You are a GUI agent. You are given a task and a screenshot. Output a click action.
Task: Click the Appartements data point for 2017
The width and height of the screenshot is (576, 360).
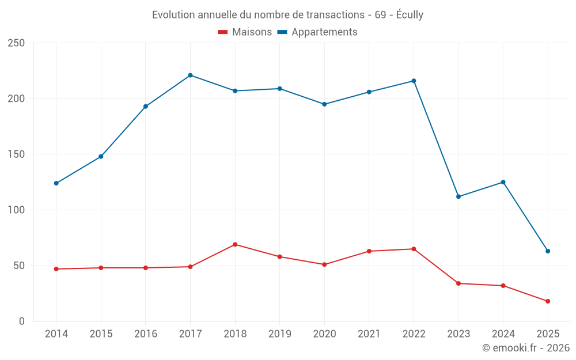click(190, 75)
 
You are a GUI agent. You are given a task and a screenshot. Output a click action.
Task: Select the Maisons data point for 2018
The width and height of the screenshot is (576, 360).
click(235, 244)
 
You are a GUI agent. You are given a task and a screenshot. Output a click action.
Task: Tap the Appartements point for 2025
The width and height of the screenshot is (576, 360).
click(548, 251)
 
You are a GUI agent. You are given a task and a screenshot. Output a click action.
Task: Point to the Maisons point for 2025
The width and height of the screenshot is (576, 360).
click(548, 301)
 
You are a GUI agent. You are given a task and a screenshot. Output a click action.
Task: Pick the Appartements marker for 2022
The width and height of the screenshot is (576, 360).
click(414, 81)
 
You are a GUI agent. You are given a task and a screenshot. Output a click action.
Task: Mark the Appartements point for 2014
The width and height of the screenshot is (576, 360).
click(56, 183)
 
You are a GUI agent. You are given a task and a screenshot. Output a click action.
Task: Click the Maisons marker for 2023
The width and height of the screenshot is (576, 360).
click(458, 283)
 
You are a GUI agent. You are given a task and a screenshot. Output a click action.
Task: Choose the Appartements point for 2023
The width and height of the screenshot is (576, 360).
click(458, 196)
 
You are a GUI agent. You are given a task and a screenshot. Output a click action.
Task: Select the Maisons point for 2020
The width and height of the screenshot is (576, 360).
click(324, 264)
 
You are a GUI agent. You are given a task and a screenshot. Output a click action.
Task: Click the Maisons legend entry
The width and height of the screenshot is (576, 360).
click(245, 32)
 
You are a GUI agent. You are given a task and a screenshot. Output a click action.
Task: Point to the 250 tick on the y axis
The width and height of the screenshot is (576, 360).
click(16, 43)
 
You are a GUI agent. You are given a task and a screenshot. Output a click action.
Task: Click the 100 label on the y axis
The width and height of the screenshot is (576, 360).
click(16, 210)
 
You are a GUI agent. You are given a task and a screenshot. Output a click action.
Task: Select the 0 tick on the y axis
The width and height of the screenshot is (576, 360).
click(21, 321)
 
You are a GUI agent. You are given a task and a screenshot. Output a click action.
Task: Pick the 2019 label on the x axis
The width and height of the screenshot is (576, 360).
click(279, 334)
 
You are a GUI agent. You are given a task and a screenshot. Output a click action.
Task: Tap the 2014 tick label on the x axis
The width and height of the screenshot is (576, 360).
click(56, 334)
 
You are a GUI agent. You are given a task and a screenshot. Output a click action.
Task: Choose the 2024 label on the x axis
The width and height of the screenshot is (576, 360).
click(503, 334)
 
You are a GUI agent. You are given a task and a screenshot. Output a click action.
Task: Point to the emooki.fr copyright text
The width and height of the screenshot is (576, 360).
click(526, 348)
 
